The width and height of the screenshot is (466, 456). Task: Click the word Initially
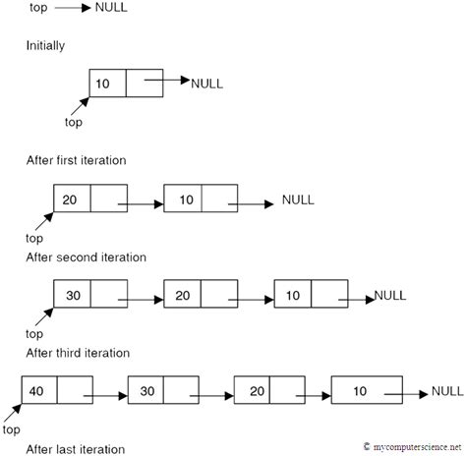pyautogui.click(x=45, y=44)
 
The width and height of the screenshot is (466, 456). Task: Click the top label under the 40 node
pyautogui.click(x=13, y=430)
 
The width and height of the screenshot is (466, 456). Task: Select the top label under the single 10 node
pyautogui.click(x=72, y=123)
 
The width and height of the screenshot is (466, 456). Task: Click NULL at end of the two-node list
pyautogui.click(x=297, y=199)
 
